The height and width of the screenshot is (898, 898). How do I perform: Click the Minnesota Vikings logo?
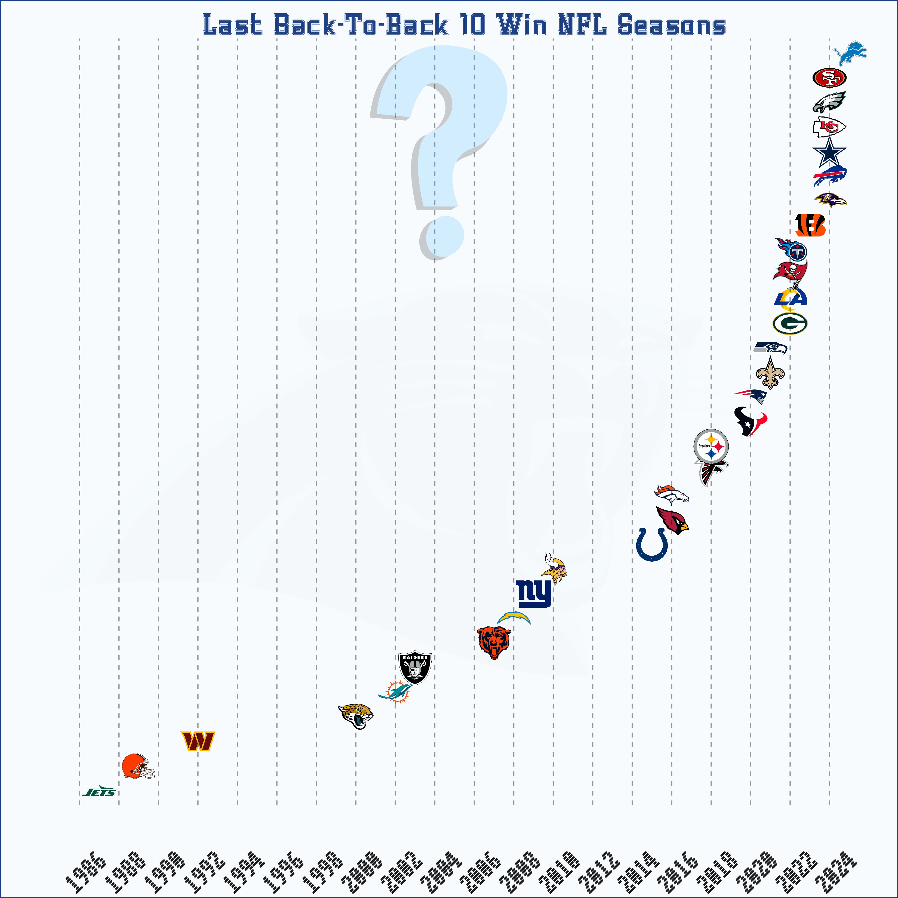coord(555,569)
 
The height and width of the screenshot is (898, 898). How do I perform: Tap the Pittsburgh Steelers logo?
coord(711,447)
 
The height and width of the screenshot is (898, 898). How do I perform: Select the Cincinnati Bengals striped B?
coord(810,225)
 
